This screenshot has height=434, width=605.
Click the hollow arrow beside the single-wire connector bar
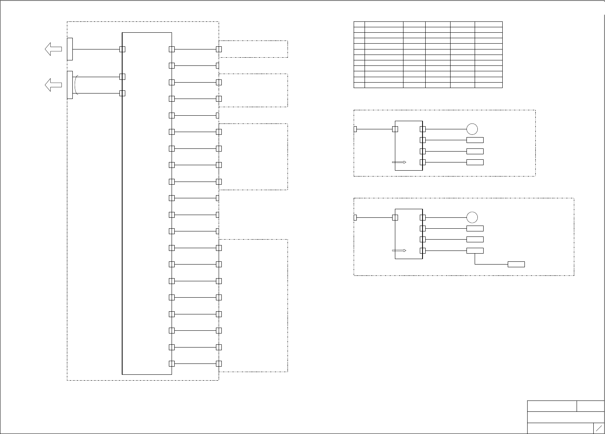click(53, 49)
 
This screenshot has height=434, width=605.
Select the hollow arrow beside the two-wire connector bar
click(53, 85)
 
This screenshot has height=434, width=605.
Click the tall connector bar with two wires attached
click(70, 85)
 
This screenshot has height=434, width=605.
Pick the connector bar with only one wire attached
click(70, 49)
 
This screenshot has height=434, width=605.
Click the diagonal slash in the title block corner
click(599, 428)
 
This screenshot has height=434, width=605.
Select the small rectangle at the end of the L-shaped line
click(516, 264)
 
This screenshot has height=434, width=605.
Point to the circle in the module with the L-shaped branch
click(472, 217)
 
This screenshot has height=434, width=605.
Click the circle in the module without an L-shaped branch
click(472, 129)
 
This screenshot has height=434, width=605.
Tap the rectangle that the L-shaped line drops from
click(475, 251)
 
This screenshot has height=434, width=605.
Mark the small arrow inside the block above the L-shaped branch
click(399, 251)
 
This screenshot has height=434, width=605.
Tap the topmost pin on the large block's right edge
click(172, 49)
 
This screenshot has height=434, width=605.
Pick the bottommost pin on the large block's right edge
click(172, 363)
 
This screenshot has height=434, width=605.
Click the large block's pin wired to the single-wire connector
click(122, 49)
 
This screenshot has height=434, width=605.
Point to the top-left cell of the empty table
click(359, 24)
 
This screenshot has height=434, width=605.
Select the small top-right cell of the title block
click(590, 406)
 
